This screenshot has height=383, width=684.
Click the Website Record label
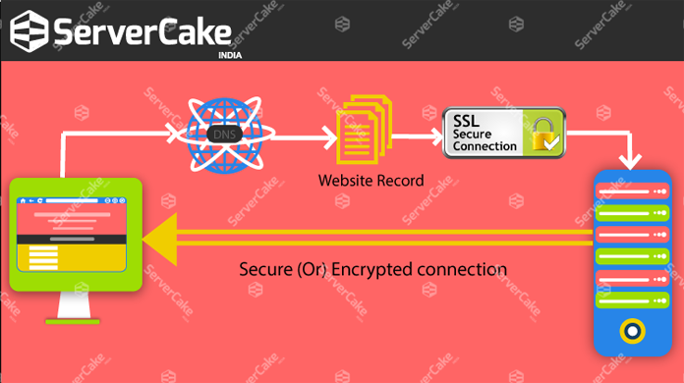370,182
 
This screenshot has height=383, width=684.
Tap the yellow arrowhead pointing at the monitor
157,239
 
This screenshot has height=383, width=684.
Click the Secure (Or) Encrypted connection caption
373,269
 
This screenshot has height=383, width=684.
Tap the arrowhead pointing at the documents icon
326,135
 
